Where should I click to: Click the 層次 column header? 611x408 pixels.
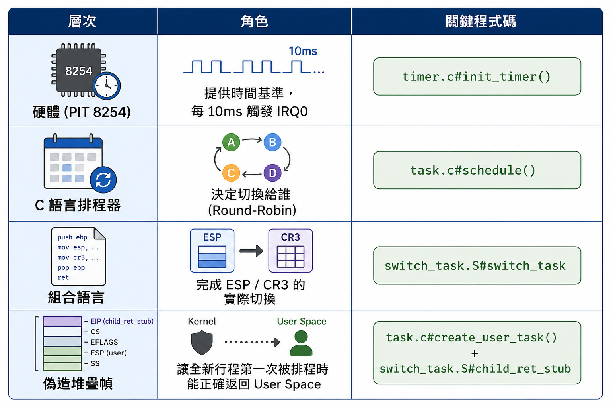pyautogui.click(x=82, y=22)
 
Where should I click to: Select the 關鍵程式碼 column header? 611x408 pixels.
pyautogui.click(x=481, y=22)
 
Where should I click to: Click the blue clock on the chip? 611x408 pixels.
pyautogui.click(x=107, y=86)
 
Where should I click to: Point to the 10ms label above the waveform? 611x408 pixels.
pyautogui.click(x=303, y=51)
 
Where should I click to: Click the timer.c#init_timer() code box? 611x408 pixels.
pyautogui.click(x=477, y=76)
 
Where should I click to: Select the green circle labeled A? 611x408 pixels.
pyautogui.click(x=231, y=142)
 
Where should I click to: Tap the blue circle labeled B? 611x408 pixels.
pyautogui.click(x=272, y=142)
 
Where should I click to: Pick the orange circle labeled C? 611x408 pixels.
pyautogui.click(x=231, y=173)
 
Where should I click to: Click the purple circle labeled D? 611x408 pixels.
pyautogui.click(x=272, y=173)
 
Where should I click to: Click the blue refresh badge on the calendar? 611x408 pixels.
pyautogui.click(x=103, y=180)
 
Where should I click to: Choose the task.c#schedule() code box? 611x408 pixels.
pyautogui.click(x=477, y=170)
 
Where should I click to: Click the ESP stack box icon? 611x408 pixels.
pyautogui.click(x=212, y=251)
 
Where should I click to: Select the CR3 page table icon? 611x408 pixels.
pyautogui.click(x=290, y=251)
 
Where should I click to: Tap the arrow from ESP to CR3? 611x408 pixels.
pyautogui.click(x=251, y=251)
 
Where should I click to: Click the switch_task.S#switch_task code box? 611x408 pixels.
pyautogui.click(x=477, y=265)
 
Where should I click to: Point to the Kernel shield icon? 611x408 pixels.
pyautogui.click(x=202, y=343)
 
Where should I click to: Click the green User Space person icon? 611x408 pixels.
pyautogui.click(x=301, y=343)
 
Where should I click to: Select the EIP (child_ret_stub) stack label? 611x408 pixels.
pyautogui.click(x=122, y=321)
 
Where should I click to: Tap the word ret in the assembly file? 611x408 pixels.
pyautogui.click(x=63, y=277)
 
